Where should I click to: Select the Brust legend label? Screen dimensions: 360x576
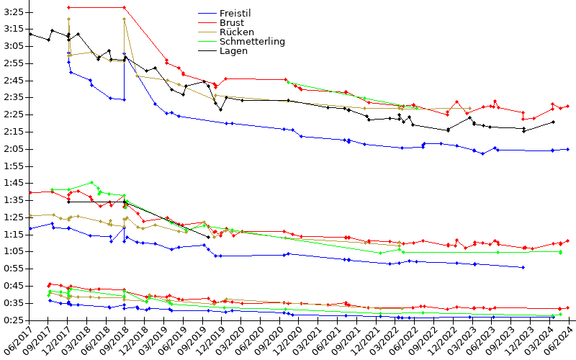pyautogui.click(x=233, y=22)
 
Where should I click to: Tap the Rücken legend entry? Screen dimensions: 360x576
pyautogui.click(x=237, y=32)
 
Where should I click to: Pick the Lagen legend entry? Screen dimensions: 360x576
pyautogui.click(x=234, y=50)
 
